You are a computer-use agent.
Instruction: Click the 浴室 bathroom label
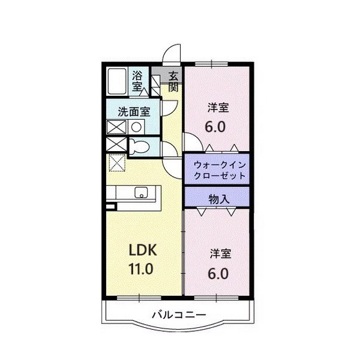pos(138,79)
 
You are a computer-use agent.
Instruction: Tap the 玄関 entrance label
pos(173,81)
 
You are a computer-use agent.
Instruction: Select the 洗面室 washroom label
pos(134,110)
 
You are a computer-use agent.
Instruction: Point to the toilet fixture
pos(138,147)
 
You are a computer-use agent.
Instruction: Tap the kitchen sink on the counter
pos(141,192)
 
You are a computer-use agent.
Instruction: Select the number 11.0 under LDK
pos(140,268)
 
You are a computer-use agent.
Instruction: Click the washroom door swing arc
pos(165,104)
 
